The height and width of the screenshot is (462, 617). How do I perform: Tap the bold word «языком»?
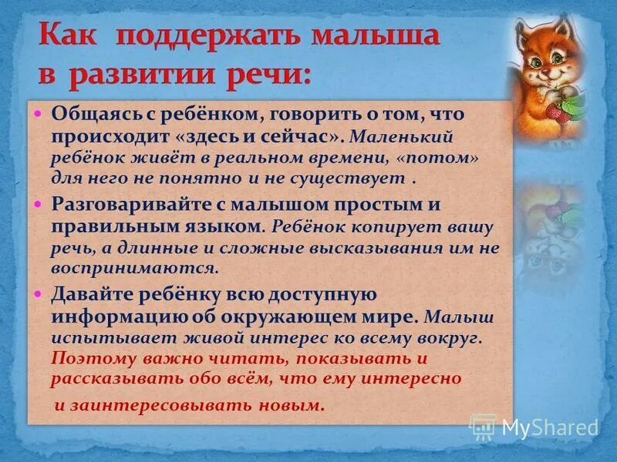223,226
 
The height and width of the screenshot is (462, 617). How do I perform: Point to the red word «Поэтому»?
89,358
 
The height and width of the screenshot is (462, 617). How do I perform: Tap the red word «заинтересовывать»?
153,405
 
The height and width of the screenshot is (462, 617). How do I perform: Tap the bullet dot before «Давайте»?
39,294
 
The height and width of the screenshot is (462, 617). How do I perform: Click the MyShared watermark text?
550,427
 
